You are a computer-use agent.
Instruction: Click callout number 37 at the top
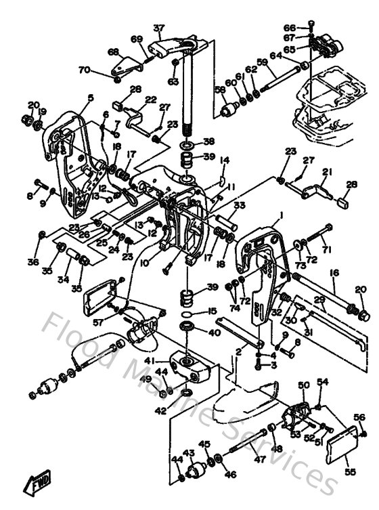159,28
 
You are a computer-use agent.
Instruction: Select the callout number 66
290,28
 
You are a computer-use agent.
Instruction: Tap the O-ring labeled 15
189,314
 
